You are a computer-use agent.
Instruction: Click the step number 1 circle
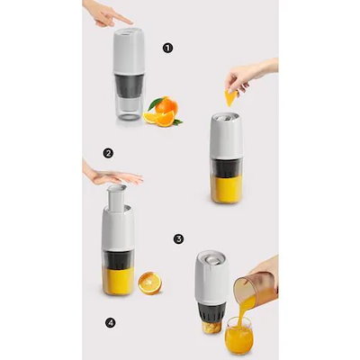[168, 48]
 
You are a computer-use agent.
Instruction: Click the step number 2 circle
[108, 154]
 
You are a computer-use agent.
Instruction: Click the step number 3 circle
[178, 239]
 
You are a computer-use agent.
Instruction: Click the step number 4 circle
[111, 323]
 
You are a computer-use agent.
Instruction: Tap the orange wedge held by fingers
[231, 98]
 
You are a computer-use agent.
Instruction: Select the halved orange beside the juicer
[150, 283]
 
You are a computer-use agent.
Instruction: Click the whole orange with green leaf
[166, 105]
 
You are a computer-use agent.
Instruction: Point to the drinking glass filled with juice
[238, 336]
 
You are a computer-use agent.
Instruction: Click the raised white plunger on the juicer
[116, 196]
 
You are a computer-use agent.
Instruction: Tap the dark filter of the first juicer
[129, 85]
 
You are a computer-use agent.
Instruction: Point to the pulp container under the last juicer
[211, 327]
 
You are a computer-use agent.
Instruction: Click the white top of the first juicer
[129, 51]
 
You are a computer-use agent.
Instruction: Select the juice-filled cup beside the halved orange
[118, 281]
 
